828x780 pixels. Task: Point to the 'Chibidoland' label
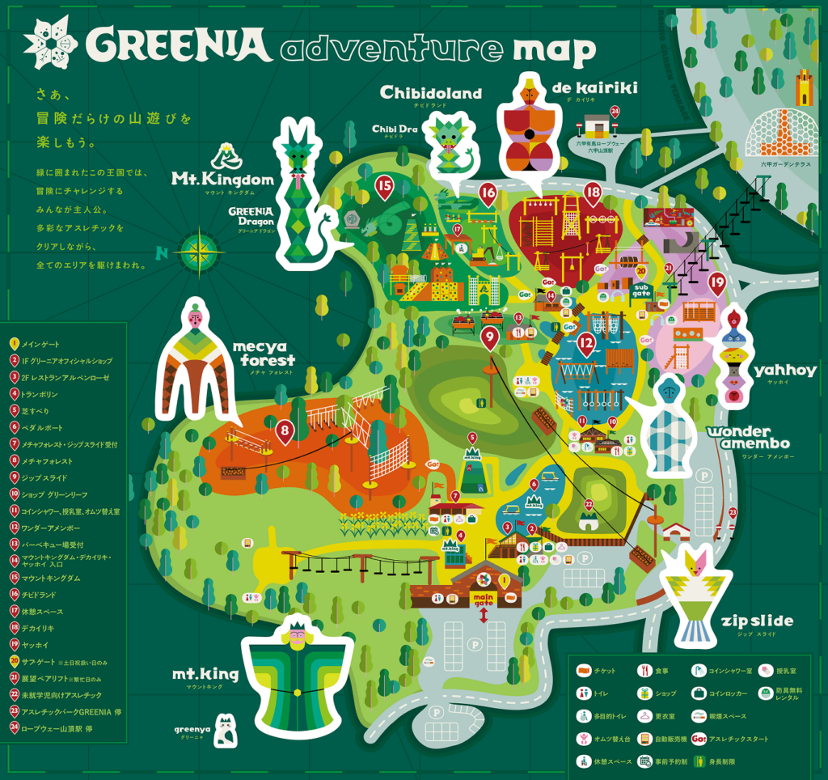tap(430, 93)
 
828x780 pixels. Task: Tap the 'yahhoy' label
tap(785, 371)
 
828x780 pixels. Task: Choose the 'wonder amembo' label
tap(750, 438)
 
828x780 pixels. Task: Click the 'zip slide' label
tap(756, 622)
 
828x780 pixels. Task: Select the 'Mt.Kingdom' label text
tap(222, 178)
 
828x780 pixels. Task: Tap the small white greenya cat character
tap(226, 730)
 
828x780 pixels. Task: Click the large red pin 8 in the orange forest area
tap(284, 431)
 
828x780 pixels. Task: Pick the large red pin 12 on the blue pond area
tap(586, 344)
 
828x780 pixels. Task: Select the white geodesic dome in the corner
tap(778, 129)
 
